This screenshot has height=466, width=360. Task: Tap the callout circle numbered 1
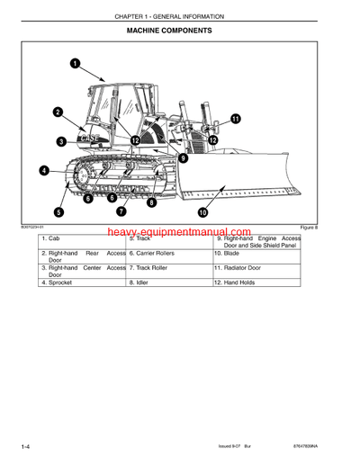pyautogui.click(x=75, y=64)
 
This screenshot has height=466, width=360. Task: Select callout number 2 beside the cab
pyautogui.click(x=58, y=112)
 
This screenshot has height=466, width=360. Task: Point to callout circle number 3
pyautogui.click(x=61, y=141)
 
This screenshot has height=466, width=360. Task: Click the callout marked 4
pyautogui.click(x=44, y=170)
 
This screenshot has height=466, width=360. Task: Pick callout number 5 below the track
pyautogui.click(x=58, y=212)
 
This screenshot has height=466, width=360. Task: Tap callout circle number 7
pyautogui.click(x=121, y=212)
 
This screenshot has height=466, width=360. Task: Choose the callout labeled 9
pyautogui.click(x=183, y=157)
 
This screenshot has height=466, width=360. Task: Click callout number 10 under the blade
pyautogui.click(x=202, y=212)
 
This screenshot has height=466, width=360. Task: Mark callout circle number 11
pyautogui.click(x=236, y=118)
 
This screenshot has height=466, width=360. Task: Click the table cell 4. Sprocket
pyautogui.click(x=82, y=282)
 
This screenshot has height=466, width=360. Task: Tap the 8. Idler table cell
pyautogui.click(x=169, y=282)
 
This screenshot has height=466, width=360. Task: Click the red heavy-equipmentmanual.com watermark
pyautogui.click(x=180, y=233)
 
